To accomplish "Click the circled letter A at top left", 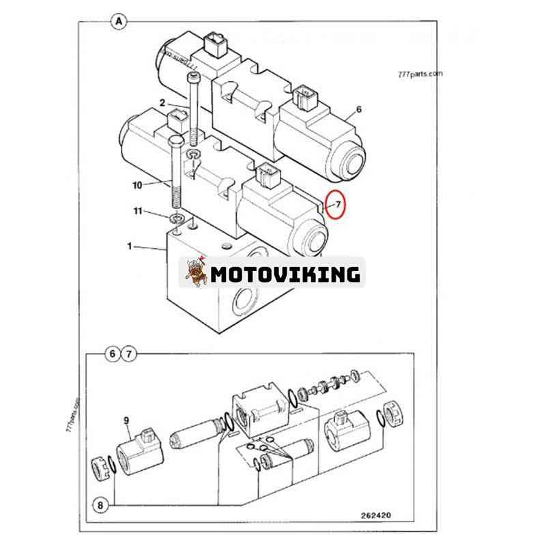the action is (119, 22).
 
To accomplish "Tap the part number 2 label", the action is (162, 103).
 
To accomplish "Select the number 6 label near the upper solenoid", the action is (359, 109).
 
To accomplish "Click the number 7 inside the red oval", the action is (339, 204).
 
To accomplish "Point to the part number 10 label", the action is (138, 185).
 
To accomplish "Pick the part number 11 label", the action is (139, 211).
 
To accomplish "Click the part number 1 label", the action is (130, 246).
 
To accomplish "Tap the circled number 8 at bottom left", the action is (100, 505).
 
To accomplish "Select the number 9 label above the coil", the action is (126, 420).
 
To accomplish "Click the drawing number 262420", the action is (376, 515).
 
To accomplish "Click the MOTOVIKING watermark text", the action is (285, 274).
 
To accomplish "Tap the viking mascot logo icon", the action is (196, 272).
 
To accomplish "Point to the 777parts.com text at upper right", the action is (420, 74).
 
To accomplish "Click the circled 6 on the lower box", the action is (112, 354).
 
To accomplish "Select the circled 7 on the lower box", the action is (129, 354).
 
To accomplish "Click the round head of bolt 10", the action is (176, 141).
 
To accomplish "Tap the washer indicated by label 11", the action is (177, 218).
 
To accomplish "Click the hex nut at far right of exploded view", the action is (393, 414).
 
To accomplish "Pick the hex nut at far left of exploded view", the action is (100, 468).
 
